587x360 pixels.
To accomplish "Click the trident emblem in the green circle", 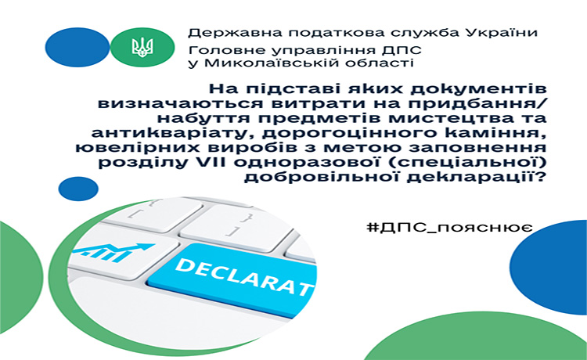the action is click(x=142, y=48).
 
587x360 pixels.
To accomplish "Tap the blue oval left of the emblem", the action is click(x=77, y=48).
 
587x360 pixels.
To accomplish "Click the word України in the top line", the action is click(x=502, y=34).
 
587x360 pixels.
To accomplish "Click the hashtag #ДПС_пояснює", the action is click(x=449, y=228).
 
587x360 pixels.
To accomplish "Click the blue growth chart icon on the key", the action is click(x=113, y=252).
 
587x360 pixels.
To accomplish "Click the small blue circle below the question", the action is click(x=78, y=189).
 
